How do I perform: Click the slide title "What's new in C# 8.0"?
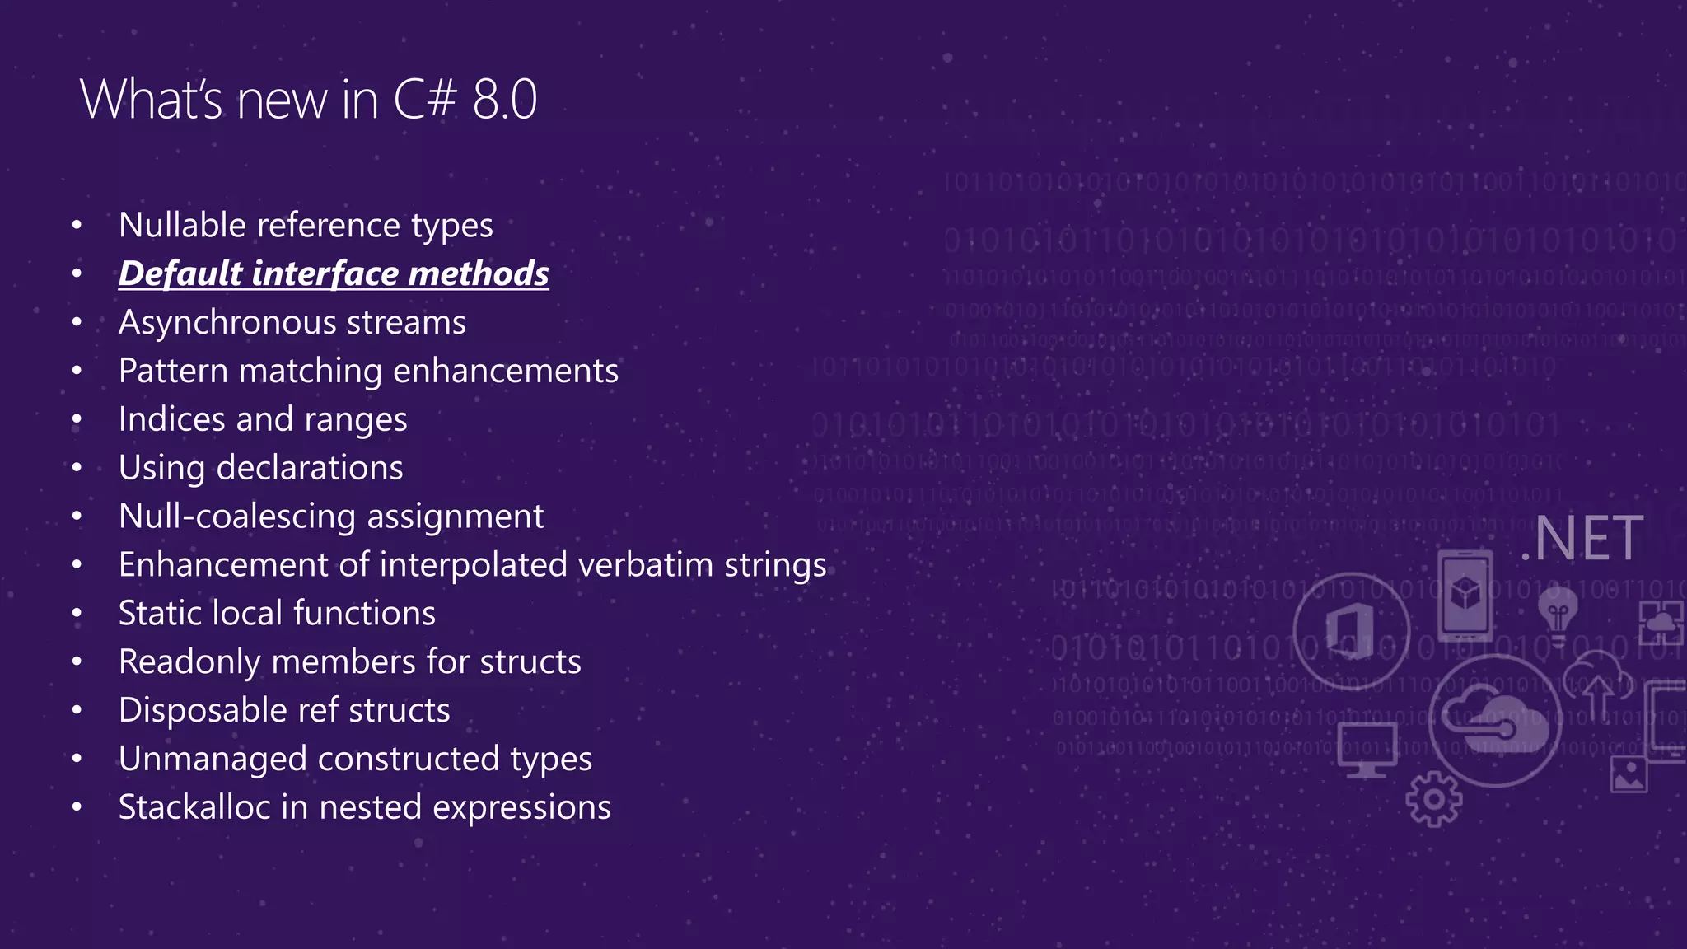308,100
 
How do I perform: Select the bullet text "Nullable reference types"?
306,225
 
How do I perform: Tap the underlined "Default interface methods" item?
334,273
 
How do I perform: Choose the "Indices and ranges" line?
263,419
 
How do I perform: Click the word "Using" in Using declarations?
161,468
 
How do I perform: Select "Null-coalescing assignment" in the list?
331,517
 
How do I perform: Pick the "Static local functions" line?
277,614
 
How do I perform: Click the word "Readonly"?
189,662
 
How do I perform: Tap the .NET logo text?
1583,539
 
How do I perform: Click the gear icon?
1434,798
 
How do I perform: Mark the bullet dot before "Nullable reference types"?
77,225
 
